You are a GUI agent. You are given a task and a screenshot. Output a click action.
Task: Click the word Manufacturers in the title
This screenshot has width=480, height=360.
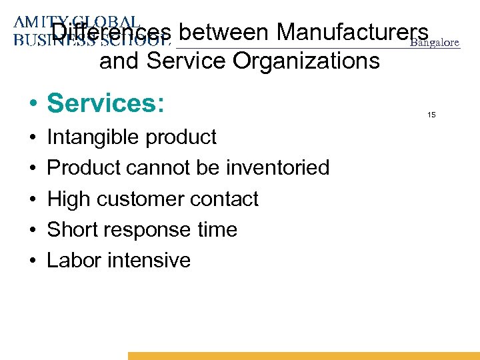pos(353,32)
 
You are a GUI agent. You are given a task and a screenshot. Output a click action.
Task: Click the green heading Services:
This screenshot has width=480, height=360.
pos(105,103)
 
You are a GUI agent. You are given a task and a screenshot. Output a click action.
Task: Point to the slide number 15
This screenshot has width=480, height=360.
pos(431,115)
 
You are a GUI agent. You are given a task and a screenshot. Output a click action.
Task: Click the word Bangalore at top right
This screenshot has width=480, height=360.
pos(435,43)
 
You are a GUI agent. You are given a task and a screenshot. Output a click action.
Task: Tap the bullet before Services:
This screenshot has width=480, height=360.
pos(32,105)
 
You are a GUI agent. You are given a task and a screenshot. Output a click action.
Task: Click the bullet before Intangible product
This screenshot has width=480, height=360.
pos(32,138)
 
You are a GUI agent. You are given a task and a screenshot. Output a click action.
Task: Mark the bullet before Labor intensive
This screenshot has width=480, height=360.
pos(32,261)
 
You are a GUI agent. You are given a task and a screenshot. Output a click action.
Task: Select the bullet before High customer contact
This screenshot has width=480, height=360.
pos(32,199)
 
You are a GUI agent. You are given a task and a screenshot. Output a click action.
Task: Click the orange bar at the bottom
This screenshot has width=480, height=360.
pos(303,356)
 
